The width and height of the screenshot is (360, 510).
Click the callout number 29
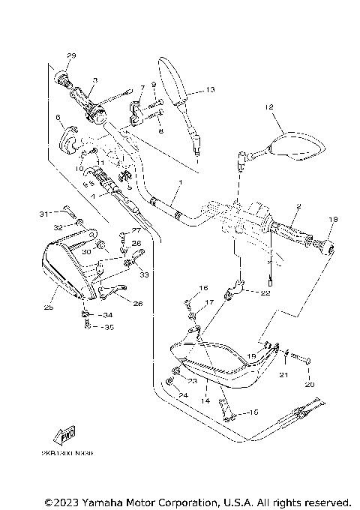click(x=72, y=56)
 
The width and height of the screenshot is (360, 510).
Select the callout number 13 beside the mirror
click(x=210, y=90)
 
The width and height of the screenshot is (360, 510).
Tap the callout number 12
click(x=268, y=107)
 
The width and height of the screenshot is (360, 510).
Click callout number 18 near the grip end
click(x=334, y=219)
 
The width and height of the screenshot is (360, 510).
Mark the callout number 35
click(x=108, y=327)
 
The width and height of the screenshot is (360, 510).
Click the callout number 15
click(x=253, y=412)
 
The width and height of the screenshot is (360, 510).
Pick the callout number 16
click(x=202, y=288)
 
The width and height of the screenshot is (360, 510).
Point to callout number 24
click(x=184, y=395)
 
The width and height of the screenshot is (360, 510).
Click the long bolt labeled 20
click(x=300, y=361)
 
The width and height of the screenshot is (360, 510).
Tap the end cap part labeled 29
click(x=64, y=76)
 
